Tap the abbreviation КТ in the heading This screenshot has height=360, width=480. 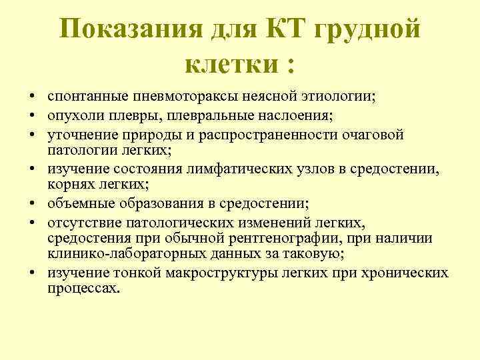click(289, 29)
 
